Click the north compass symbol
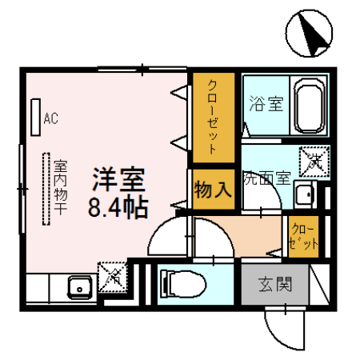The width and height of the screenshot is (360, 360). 310,34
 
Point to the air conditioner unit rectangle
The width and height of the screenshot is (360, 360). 34,117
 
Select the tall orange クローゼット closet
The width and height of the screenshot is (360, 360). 214,116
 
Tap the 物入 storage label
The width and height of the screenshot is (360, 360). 213,191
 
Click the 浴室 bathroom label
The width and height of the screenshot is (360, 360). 264,104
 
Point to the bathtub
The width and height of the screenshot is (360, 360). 309,105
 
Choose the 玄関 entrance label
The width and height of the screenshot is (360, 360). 273,283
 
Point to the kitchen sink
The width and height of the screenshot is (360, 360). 78,286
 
